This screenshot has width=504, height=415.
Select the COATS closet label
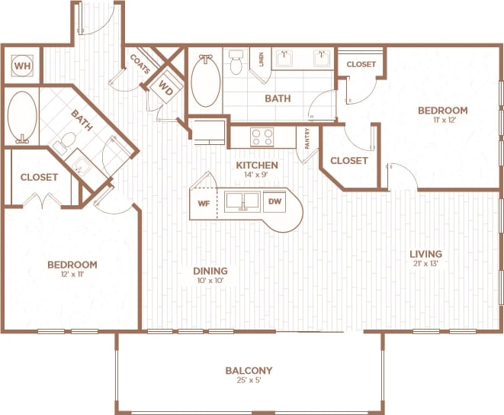tap(140, 62)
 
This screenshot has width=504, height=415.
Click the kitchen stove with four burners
tap(262, 137)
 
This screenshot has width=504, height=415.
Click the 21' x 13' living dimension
tap(425, 264)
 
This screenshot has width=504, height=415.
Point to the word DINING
tap(210, 271)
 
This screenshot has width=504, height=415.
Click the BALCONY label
tap(249, 371)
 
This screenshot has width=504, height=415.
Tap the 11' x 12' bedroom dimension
tap(442, 121)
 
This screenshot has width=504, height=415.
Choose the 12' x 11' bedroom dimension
tap(72, 275)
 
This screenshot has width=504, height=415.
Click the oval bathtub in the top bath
tap(204, 81)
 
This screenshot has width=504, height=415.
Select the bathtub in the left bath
tap(21, 117)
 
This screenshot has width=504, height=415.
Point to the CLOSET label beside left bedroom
tap(39, 177)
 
